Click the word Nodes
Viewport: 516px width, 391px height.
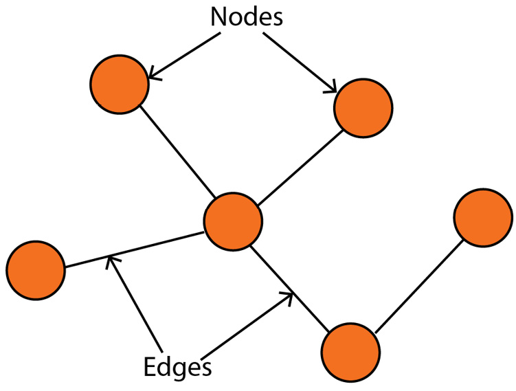tap(246, 16)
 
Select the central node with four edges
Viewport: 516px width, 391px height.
tap(234, 221)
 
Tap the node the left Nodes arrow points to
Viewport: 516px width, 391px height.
tap(119, 85)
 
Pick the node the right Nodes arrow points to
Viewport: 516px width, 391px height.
tap(363, 108)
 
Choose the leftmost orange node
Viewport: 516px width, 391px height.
tap(36, 270)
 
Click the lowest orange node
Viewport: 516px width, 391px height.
tap(350, 353)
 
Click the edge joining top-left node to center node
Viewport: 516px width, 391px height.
tap(175, 149)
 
